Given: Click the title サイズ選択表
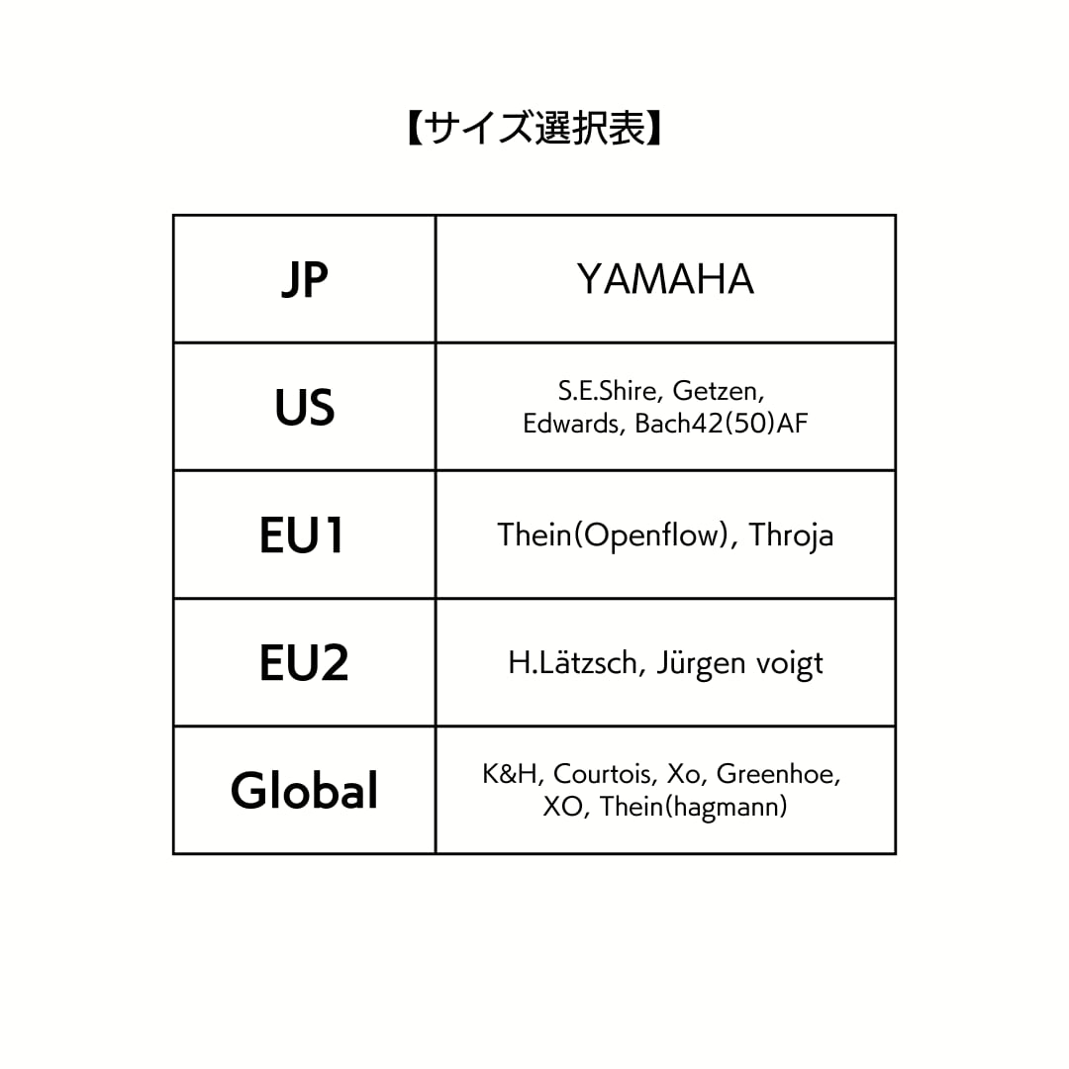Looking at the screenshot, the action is (x=534, y=128).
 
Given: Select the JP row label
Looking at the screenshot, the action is (x=304, y=279).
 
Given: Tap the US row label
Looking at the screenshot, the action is (x=304, y=407).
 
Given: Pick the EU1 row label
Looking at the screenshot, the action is (x=301, y=535).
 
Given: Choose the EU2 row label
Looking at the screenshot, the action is (x=304, y=662).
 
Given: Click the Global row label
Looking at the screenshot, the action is (x=304, y=791).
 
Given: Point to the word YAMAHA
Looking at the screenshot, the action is (x=665, y=279).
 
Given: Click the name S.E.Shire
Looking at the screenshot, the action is (x=607, y=391).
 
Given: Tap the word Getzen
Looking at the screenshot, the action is (x=719, y=391).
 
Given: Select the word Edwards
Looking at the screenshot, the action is (x=571, y=424).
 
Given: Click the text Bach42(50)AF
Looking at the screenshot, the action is (x=722, y=424).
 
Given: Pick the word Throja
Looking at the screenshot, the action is (x=792, y=535).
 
